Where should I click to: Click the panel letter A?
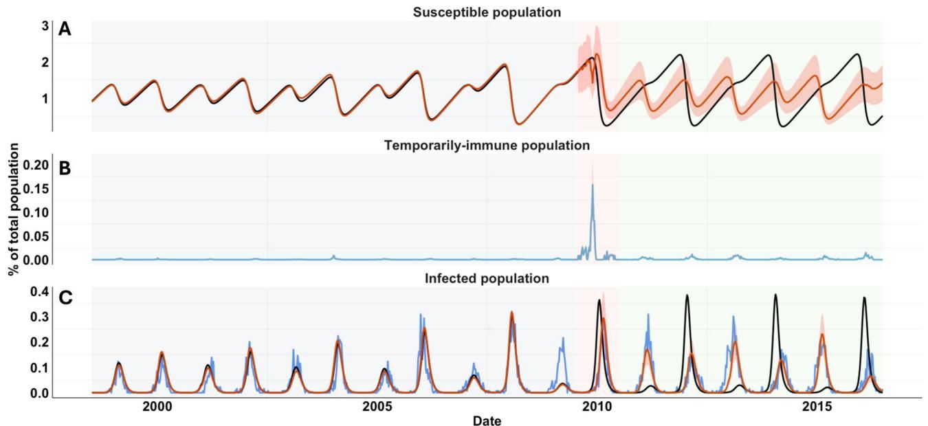(x=65, y=29)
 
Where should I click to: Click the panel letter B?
(x=65, y=168)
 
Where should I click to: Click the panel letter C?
(x=65, y=298)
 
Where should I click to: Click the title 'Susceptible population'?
(x=487, y=12)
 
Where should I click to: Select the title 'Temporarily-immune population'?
(x=487, y=146)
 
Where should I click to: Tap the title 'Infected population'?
(x=487, y=278)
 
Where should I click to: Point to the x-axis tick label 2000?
(x=157, y=406)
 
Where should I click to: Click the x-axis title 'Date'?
(x=487, y=421)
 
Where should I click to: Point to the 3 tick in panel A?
(x=45, y=26)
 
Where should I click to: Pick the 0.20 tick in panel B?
(x=36, y=165)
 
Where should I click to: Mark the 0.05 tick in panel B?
(x=36, y=236)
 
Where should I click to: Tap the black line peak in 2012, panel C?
(x=687, y=295)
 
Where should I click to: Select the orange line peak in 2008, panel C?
(x=511, y=312)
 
